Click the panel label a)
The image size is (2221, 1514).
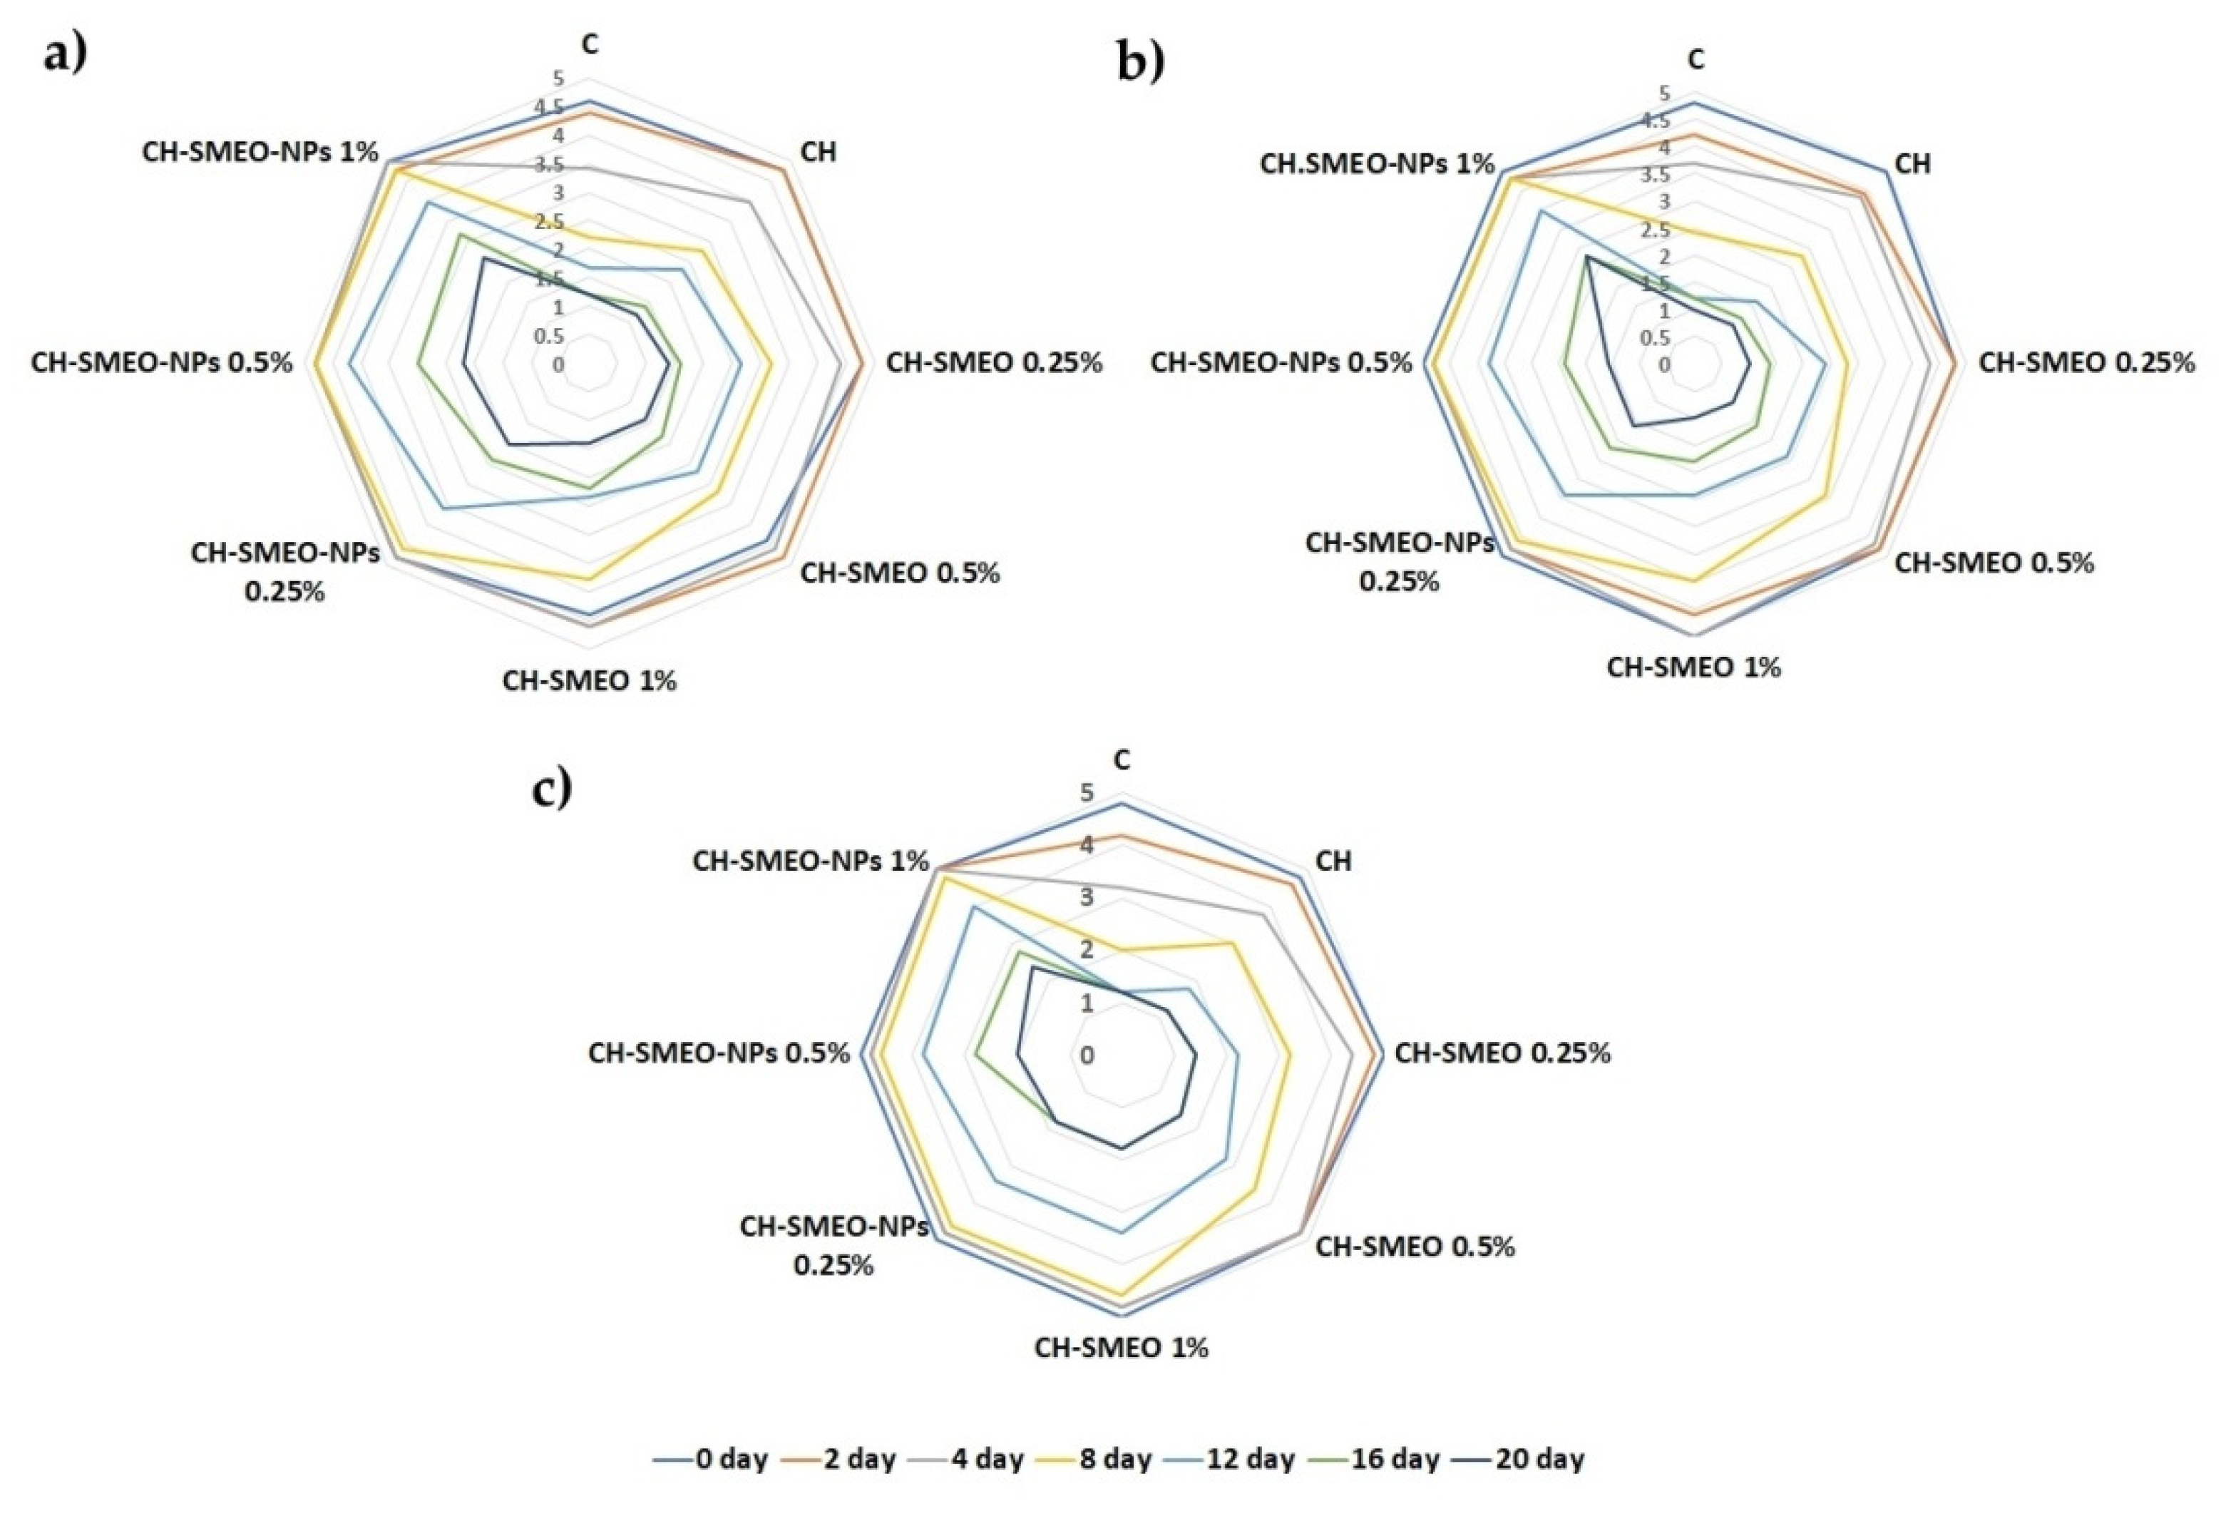65,53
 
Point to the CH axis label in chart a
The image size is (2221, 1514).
818,151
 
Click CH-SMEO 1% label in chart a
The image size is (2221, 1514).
590,680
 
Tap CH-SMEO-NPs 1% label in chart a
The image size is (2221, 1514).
260,152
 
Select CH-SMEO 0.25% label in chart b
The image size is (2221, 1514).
2086,362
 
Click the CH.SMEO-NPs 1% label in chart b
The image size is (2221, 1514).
1376,163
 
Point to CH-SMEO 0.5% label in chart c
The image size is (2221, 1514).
1415,1247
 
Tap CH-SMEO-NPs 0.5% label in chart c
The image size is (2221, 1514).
719,1053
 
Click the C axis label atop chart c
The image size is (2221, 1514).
1122,760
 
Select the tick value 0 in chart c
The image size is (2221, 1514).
1087,1055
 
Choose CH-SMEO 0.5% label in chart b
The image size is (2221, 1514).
1994,563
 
